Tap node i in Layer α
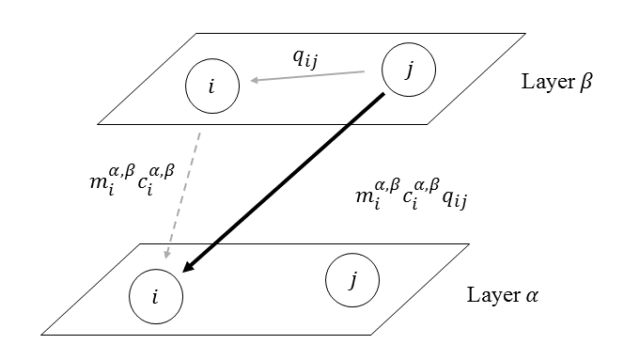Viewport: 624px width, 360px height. pyautogui.click(x=156, y=294)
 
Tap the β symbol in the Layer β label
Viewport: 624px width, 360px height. pyautogui.click(x=585, y=83)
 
